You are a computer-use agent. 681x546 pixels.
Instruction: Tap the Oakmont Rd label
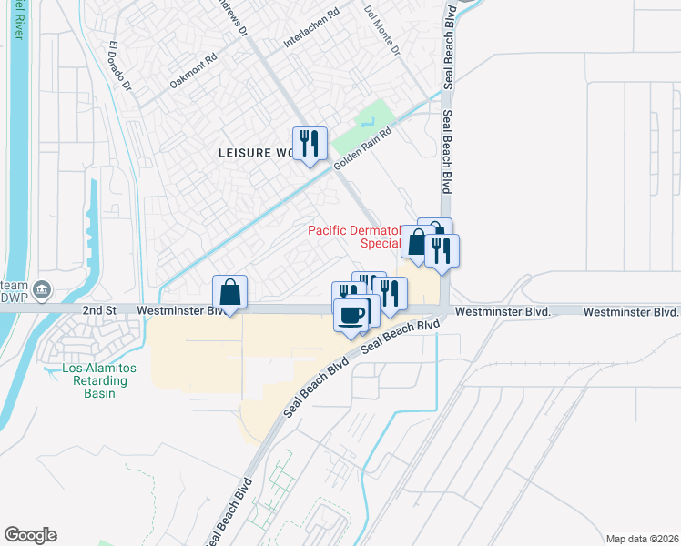pyautogui.click(x=194, y=71)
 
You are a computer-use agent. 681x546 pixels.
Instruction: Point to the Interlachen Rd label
pyautogui.click(x=311, y=28)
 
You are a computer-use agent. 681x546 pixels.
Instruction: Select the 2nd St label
pyautogui.click(x=100, y=310)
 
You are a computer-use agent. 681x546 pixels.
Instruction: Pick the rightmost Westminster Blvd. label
pyautogui.click(x=631, y=311)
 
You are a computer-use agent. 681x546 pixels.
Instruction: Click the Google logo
pyautogui.click(x=30, y=535)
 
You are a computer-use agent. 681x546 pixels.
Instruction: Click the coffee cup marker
pyautogui.click(x=351, y=316)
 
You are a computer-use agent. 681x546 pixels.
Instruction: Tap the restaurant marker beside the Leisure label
pyautogui.click(x=310, y=144)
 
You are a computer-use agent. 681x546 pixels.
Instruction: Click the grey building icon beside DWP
pyautogui.click(x=41, y=290)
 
